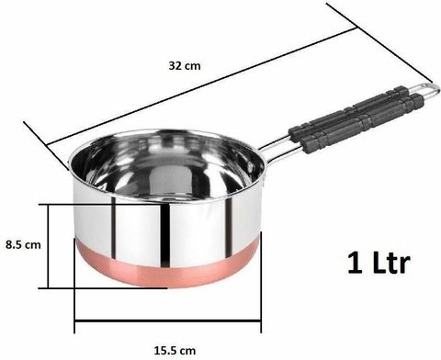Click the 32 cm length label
185,66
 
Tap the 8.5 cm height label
23,245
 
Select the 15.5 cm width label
175,350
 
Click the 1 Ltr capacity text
379,263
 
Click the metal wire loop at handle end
422,90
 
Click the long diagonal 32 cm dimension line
202,86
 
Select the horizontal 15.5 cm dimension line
167,321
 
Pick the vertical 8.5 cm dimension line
48,246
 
